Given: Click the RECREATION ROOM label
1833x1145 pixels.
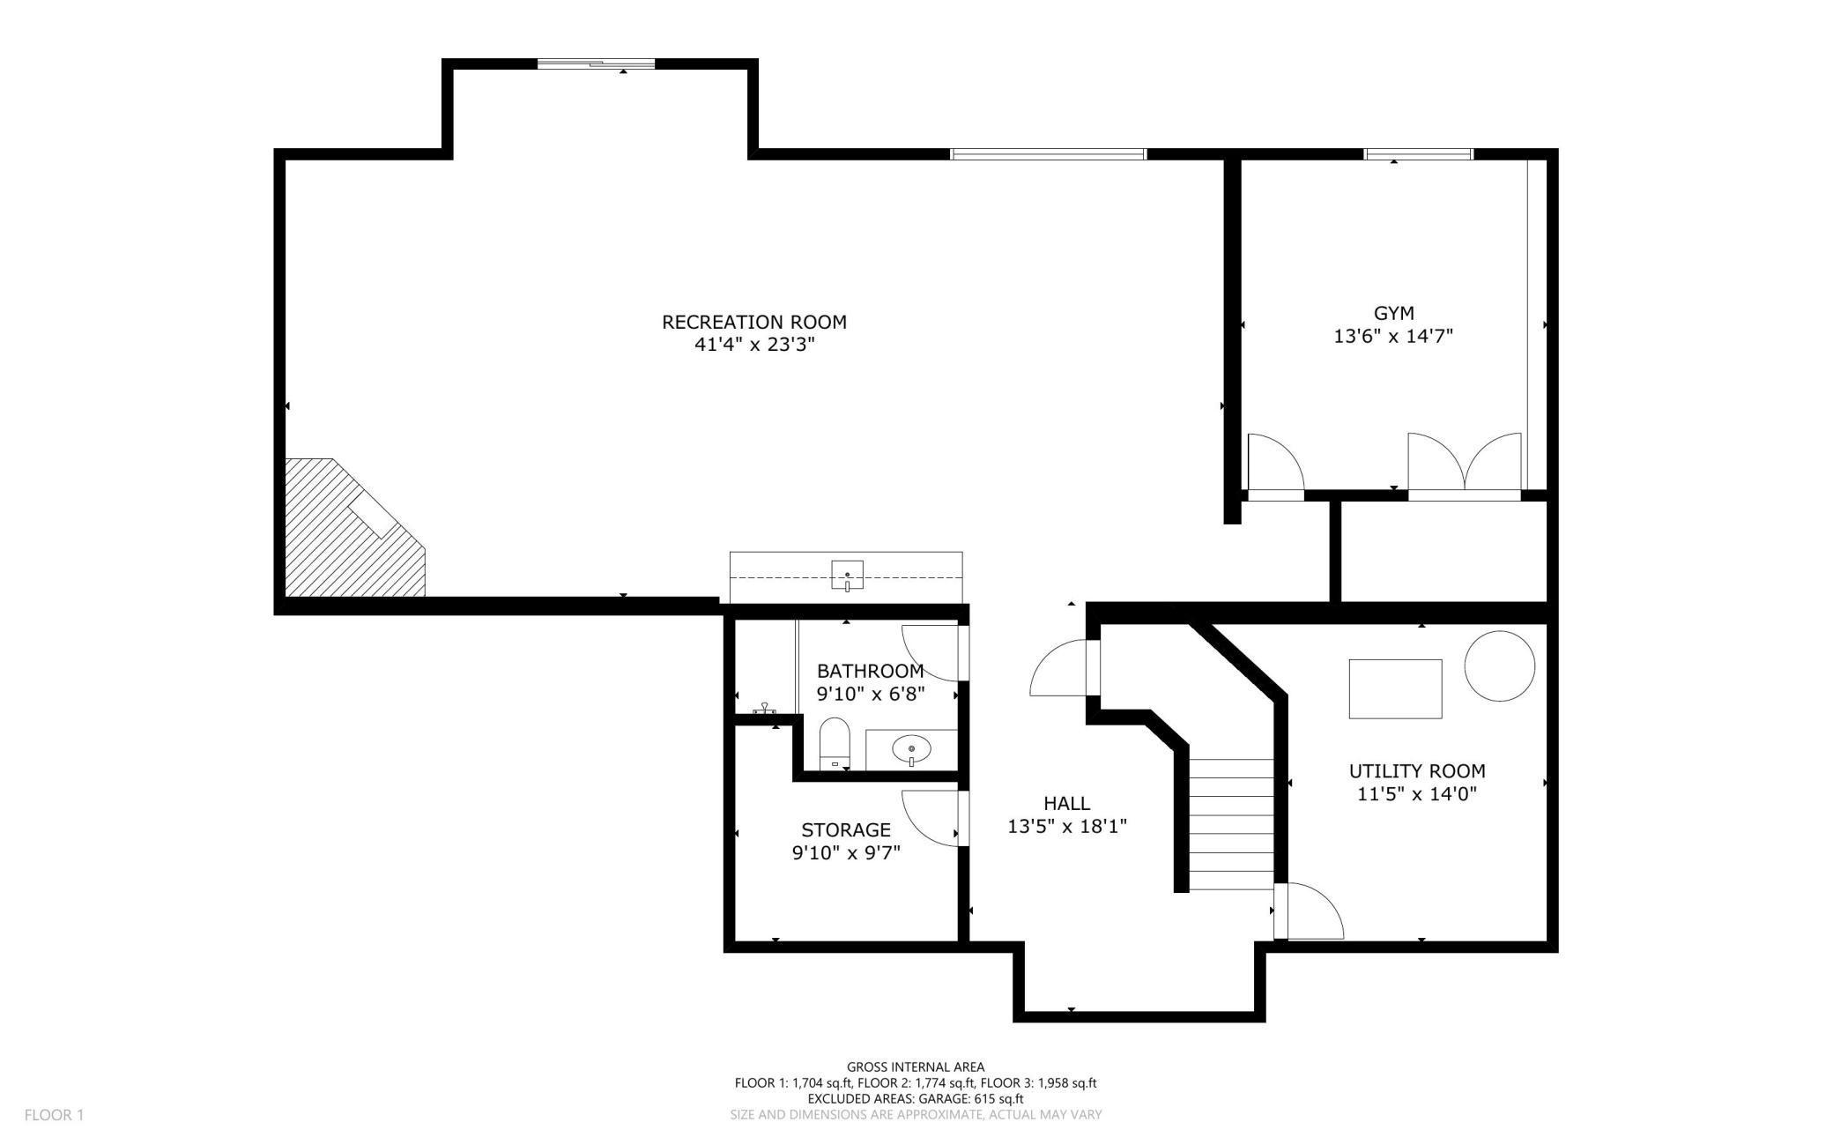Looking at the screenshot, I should (x=753, y=322).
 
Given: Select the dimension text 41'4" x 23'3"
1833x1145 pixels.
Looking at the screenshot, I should (x=753, y=345).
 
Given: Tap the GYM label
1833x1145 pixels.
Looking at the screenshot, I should (x=1393, y=313).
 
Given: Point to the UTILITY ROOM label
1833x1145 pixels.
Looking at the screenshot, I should (x=1416, y=771).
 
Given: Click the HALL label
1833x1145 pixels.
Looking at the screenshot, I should (x=1066, y=803).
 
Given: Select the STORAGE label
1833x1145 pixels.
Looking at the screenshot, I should (x=845, y=829).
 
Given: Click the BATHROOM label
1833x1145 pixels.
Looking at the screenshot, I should (x=870, y=671).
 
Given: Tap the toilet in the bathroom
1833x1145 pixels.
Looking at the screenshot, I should (x=834, y=742).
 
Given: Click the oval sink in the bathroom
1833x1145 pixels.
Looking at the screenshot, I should (x=910, y=750).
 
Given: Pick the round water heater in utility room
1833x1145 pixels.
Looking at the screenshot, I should (x=1499, y=666).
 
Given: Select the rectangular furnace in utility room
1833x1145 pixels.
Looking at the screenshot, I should (x=1395, y=688).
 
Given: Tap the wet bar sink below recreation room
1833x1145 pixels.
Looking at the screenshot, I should (x=846, y=575).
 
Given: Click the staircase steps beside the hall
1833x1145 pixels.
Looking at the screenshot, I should (x=1231, y=824).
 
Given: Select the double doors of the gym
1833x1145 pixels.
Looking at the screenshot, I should (x=1464, y=465).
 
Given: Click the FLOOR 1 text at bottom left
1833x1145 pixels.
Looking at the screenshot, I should (x=54, y=1115).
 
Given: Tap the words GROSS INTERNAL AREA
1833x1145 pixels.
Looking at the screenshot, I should (x=915, y=1067).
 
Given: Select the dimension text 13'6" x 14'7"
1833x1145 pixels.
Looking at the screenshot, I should (x=1392, y=336).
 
